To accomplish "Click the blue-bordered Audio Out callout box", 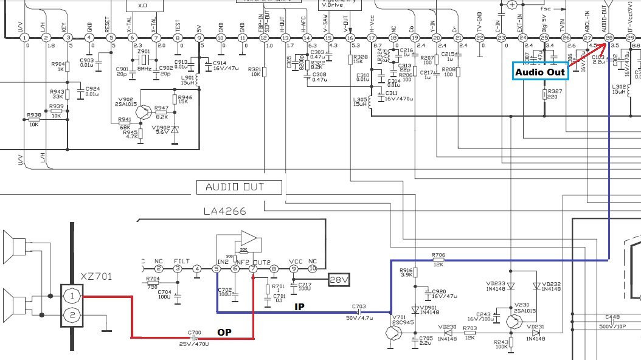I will (541, 72).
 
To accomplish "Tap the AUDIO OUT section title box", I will (239, 187).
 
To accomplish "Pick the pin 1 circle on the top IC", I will (24, 38).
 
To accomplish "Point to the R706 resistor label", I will (438, 255).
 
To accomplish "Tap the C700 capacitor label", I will (195, 333).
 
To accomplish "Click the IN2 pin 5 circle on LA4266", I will (217, 268).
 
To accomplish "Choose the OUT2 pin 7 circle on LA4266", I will (254, 268).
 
